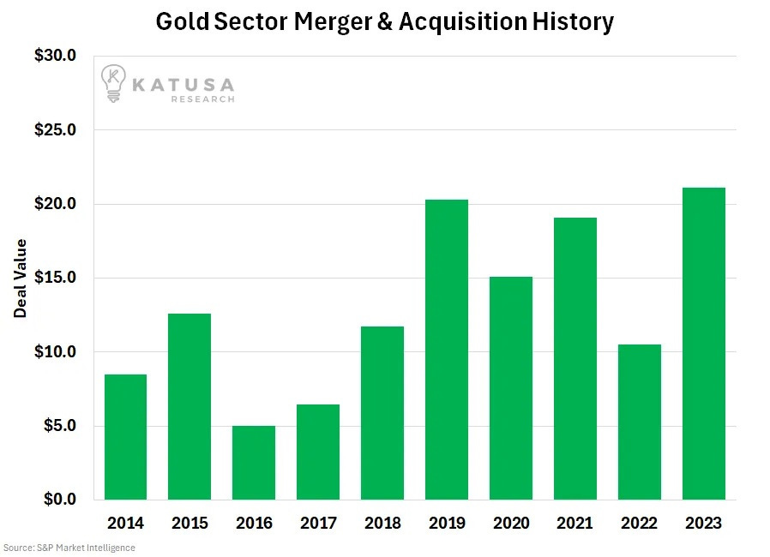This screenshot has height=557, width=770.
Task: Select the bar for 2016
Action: pyautogui.click(x=253, y=463)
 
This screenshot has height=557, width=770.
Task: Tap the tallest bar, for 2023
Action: pyautogui.click(x=703, y=344)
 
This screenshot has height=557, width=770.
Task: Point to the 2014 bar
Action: pyautogui.click(x=125, y=437)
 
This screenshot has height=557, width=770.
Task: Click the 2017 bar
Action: pyautogui.click(x=317, y=452)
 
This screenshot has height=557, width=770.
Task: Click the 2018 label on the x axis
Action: pyautogui.click(x=382, y=523)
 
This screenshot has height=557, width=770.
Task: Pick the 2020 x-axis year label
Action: pyautogui.click(x=510, y=523)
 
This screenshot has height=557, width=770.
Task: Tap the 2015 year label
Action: pyautogui.click(x=189, y=523)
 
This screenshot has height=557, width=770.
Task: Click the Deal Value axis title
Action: pyautogui.click(x=21, y=278)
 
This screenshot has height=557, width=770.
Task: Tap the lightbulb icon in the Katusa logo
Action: pyautogui.click(x=112, y=83)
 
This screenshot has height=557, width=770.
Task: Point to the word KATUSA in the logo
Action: pyautogui.click(x=183, y=83)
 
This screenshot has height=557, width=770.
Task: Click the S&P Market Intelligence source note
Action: pyautogui.click(x=69, y=547)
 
